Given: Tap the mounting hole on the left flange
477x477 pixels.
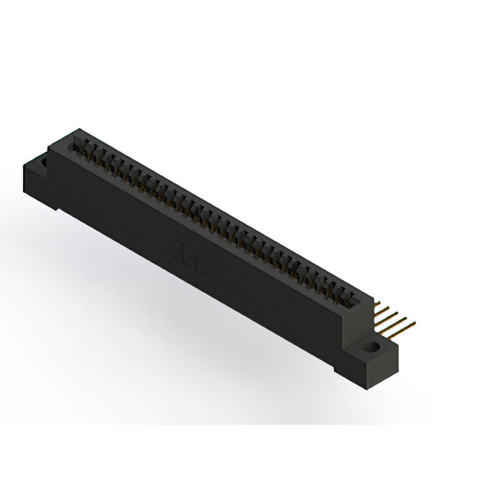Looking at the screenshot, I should tap(42, 160).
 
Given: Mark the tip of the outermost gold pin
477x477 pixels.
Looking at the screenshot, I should tap(414, 323).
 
